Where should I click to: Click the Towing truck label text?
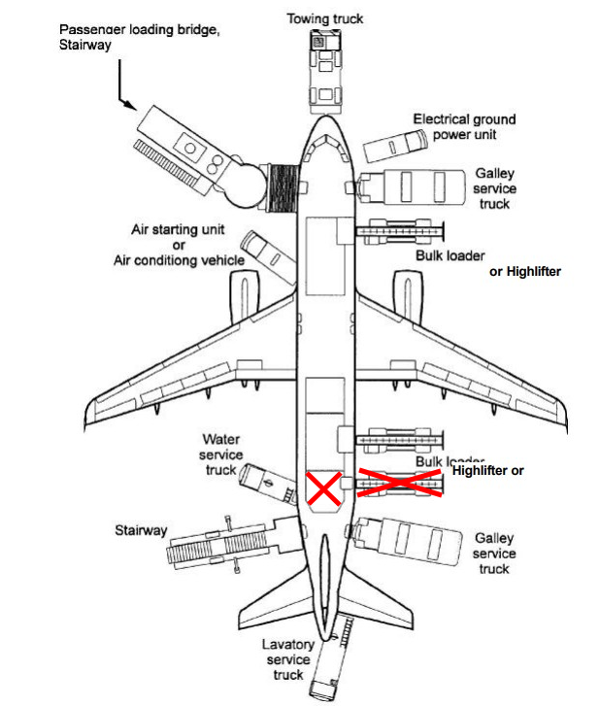(324, 17)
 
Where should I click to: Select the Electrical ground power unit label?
(464, 127)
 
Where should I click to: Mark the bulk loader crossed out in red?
(401, 483)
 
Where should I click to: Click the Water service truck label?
(221, 454)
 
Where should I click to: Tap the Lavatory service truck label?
(287, 659)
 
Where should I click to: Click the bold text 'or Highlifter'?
(525, 272)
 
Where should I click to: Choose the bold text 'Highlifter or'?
(487, 470)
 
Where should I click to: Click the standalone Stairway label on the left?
(142, 531)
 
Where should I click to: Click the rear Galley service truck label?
(494, 553)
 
